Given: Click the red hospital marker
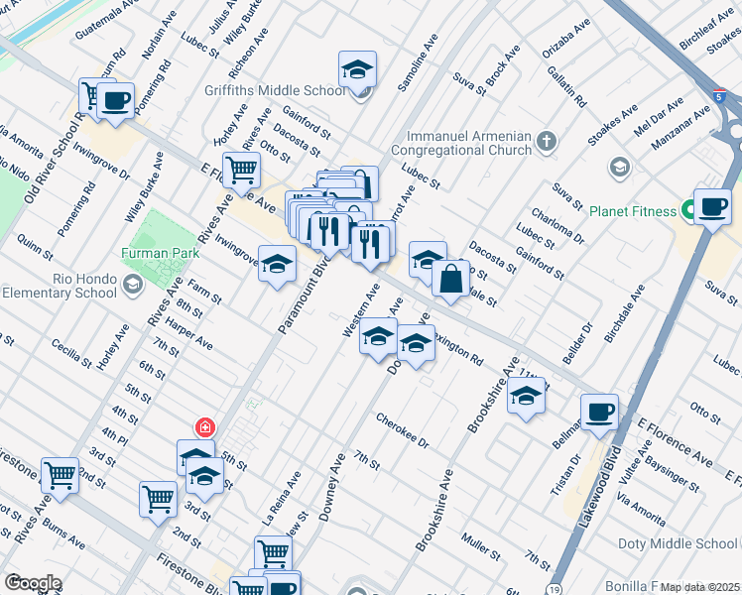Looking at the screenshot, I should tap(205, 427).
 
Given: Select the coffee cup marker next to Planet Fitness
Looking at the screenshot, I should tap(712, 206).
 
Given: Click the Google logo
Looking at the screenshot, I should tap(32, 583).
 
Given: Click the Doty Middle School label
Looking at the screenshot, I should tap(678, 543).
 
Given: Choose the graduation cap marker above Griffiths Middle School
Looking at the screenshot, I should tap(357, 69).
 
